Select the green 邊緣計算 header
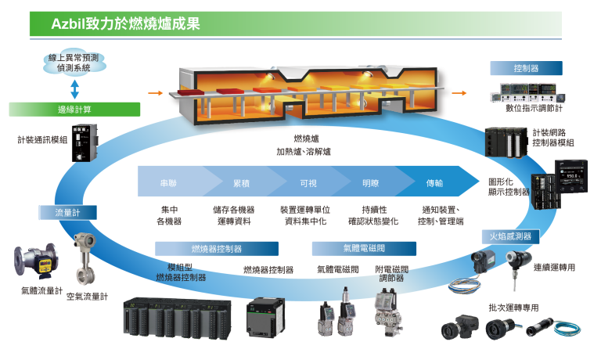pyautogui.click(x=75, y=110)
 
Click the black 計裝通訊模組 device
pyautogui.click(x=84, y=142)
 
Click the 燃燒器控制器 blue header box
pyautogui.click(x=217, y=249)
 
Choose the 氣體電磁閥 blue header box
pyautogui.click(x=363, y=249)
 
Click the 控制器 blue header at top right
pyautogui.click(x=525, y=68)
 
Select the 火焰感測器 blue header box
pyautogui.click(x=511, y=236)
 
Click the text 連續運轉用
pyautogui.click(x=554, y=268)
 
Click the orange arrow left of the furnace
pyautogui.click(x=155, y=93)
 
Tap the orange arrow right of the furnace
pyautogui.click(x=459, y=93)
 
